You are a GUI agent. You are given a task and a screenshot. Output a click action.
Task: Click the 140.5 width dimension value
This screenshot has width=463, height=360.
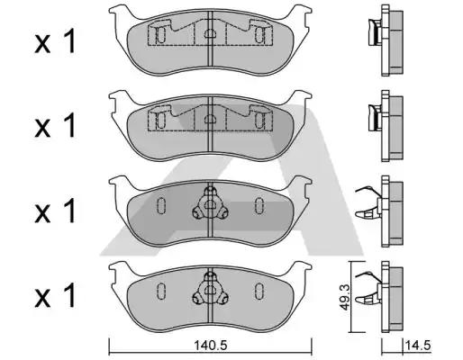point(210,346)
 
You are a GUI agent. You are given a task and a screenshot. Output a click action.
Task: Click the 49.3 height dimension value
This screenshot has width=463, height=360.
point(345,297)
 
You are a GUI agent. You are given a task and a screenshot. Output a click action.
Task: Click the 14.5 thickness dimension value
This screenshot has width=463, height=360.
point(418,346)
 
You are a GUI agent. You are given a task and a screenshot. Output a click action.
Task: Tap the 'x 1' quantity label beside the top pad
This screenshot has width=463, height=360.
point(55,42)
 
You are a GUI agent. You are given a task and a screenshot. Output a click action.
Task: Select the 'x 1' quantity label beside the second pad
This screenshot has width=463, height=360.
point(55,126)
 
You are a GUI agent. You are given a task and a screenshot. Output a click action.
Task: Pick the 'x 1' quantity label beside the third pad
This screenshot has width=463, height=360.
point(55,211)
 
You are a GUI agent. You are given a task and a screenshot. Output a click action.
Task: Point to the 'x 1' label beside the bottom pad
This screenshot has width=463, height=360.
point(55,295)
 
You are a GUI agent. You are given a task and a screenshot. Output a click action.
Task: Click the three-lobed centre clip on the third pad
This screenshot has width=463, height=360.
point(210,205)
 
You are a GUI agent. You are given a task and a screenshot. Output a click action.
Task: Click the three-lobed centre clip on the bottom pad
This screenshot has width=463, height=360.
point(210,290)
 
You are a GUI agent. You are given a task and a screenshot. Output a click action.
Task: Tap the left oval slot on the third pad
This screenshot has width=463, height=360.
point(161,206)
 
